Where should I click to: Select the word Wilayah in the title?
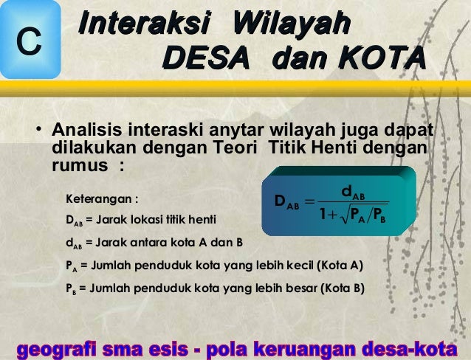point(289,24)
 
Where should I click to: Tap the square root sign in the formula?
point(343,215)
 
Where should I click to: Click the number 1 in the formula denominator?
point(323,215)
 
